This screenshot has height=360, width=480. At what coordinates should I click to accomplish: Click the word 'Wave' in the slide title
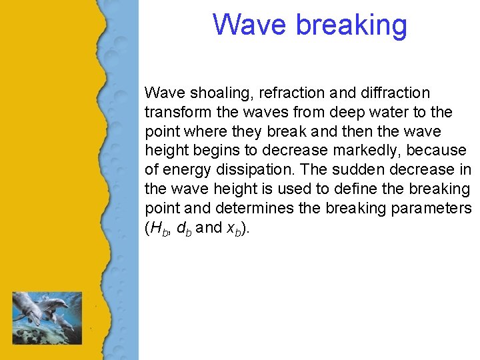tap(250, 25)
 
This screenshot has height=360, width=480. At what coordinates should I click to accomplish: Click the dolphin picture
tap(47, 317)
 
